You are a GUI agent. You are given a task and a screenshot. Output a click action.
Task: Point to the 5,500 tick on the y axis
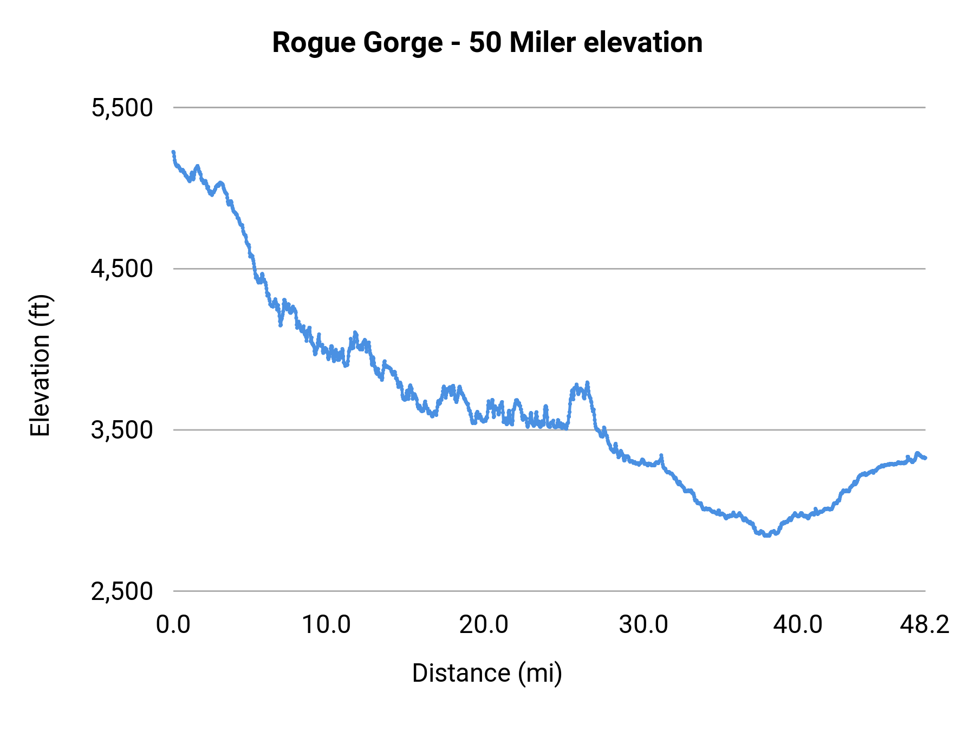click(122, 108)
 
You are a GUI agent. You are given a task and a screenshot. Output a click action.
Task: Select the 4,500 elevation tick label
click(122, 269)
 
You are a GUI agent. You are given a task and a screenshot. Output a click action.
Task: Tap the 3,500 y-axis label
click(122, 430)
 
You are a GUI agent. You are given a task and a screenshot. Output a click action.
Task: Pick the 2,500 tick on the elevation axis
click(122, 591)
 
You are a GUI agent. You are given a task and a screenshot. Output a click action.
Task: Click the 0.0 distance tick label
click(173, 625)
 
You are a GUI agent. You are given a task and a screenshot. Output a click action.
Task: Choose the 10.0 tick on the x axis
click(326, 625)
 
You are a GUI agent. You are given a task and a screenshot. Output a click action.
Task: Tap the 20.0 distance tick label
click(484, 625)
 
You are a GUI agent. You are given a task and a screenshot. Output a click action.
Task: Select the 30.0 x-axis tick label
click(643, 625)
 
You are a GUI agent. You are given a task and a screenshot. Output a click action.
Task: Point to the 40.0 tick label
click(798, 625)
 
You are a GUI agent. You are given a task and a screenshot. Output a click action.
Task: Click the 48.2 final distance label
click(925, 625)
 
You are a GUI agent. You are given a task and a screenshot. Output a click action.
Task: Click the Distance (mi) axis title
click(487, 673)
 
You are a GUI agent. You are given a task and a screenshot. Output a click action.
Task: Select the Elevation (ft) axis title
click(40, 365)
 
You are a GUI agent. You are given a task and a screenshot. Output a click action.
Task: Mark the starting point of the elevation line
click(173, 152)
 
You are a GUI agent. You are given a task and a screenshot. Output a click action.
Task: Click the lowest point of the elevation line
click(766, 536)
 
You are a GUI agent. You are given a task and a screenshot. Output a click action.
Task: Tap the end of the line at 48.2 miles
click(925, 458)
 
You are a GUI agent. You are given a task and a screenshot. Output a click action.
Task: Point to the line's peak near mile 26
click(587, 383)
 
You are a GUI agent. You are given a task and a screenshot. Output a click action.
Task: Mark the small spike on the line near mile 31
click(661, 455)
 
